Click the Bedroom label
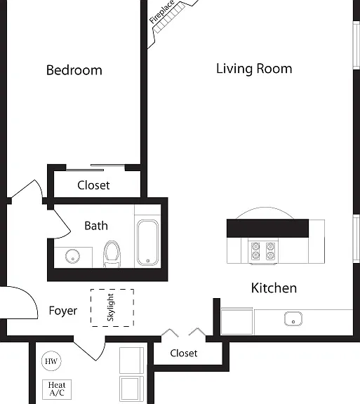pyautogui.click(x=74, y=70)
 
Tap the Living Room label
pyautogui.click(x=254, y=69)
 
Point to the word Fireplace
pyautogui.click(x=161, y=12)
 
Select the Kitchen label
pyautogui.click(x=274, y=288)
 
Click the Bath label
pyautogui.click(x=96, y=226)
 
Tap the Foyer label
pyautogui.click(x=63, y=311)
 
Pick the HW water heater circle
pyautogui.click(x=51, y=361)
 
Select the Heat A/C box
pyautogui.click(x=57, y=389)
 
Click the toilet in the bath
pyautogui.click(x=112, y=254)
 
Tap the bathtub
pyautogui.click(x=147, y=243)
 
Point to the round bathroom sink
pyautogui.click(x=72, y=256)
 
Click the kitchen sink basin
pyautogui.click(x=293, y=318)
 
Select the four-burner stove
pyautogui.click(x=263, y=251)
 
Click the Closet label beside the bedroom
pyautogui.click(x=93, y=185)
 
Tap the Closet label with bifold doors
pyautogui.click(x=184, y=353)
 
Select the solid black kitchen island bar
pyautogui.click(x=267, y=228)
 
